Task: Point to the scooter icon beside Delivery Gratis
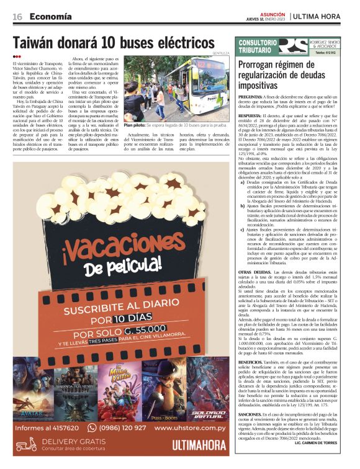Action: point(26,444)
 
